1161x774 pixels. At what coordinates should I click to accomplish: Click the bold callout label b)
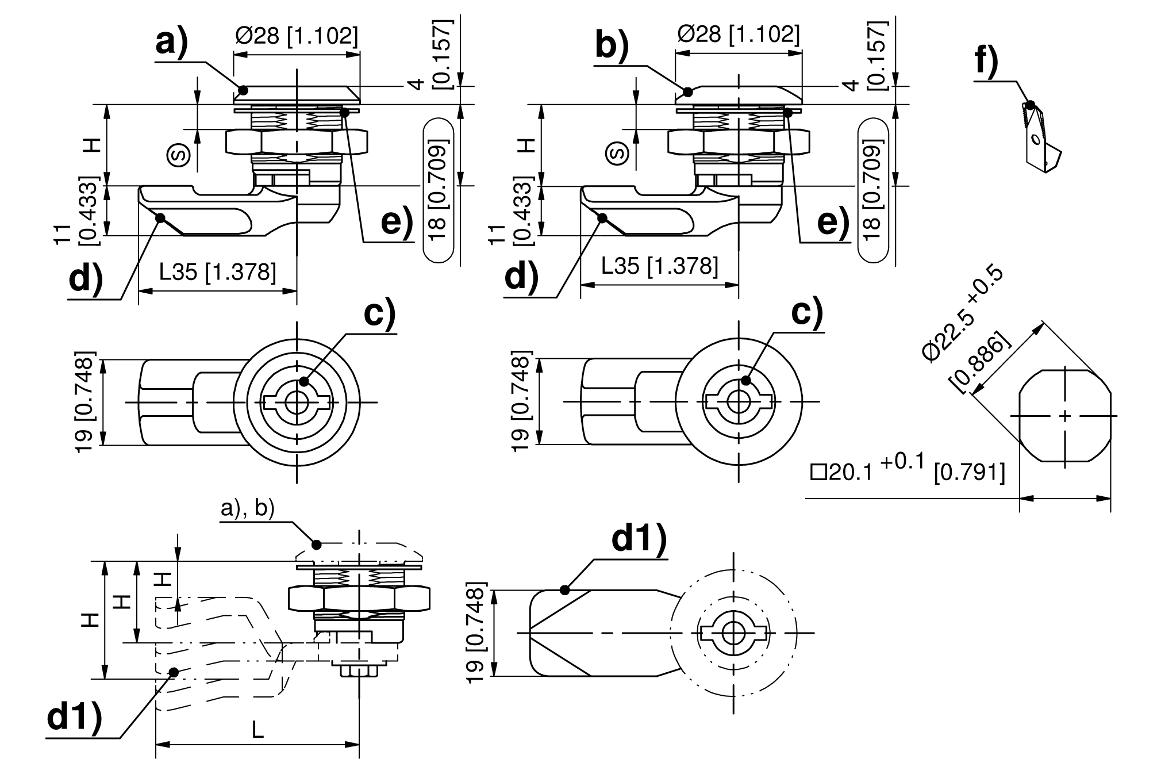click(612, 45)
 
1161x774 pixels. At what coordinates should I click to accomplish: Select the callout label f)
click(986, 61)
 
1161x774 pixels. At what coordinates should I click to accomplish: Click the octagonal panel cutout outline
click(1065, 415)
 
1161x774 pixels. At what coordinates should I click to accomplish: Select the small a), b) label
click(248, 508)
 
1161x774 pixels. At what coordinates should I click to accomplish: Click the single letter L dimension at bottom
click(257, 730)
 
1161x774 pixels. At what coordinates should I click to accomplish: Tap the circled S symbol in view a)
click(179, 154)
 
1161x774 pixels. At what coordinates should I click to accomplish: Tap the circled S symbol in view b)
click(618, 154)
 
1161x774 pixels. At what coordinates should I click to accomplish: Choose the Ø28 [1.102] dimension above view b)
click(738, 35)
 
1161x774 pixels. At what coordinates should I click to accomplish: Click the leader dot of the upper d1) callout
click(564, 589)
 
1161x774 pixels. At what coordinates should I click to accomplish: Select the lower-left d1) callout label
click(74, 717)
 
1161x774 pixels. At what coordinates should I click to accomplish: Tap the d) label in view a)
click(86, 278)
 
